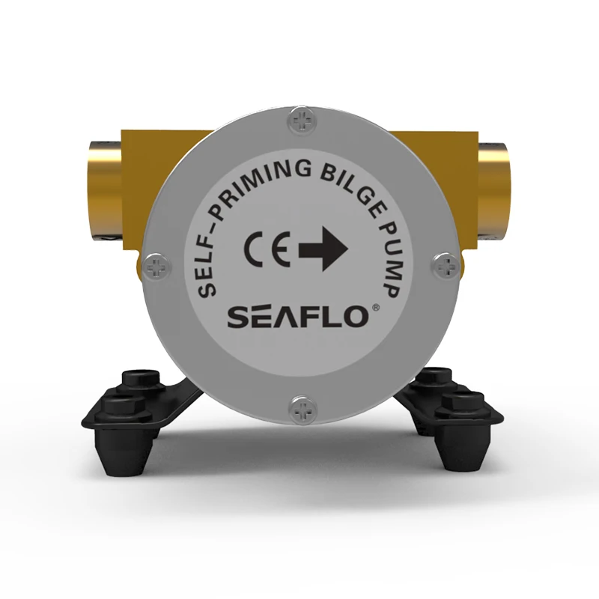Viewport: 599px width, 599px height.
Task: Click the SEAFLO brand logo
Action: coord(297,316)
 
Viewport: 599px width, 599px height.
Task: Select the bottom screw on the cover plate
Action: coord(303,409)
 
